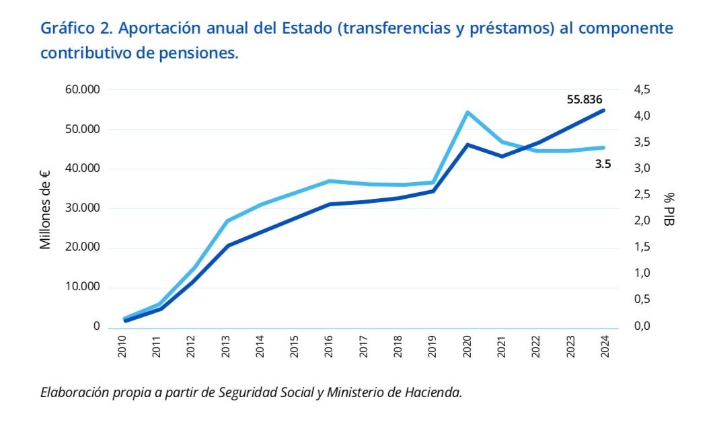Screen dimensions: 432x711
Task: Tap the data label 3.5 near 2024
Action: (603, 163)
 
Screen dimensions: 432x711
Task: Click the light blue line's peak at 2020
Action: (467, 112)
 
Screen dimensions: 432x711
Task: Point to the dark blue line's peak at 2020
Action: (467, 144)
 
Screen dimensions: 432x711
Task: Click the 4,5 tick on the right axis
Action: (642, 89)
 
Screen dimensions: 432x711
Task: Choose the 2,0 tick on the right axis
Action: (642, 221)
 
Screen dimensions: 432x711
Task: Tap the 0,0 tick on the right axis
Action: (642, 327)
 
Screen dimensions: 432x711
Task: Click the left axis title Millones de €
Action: (46, 209)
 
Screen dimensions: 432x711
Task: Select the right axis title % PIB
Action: (669, 208)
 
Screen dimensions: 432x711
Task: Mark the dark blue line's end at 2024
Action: (604, 110)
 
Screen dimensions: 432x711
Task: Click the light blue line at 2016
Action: (329, 181)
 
